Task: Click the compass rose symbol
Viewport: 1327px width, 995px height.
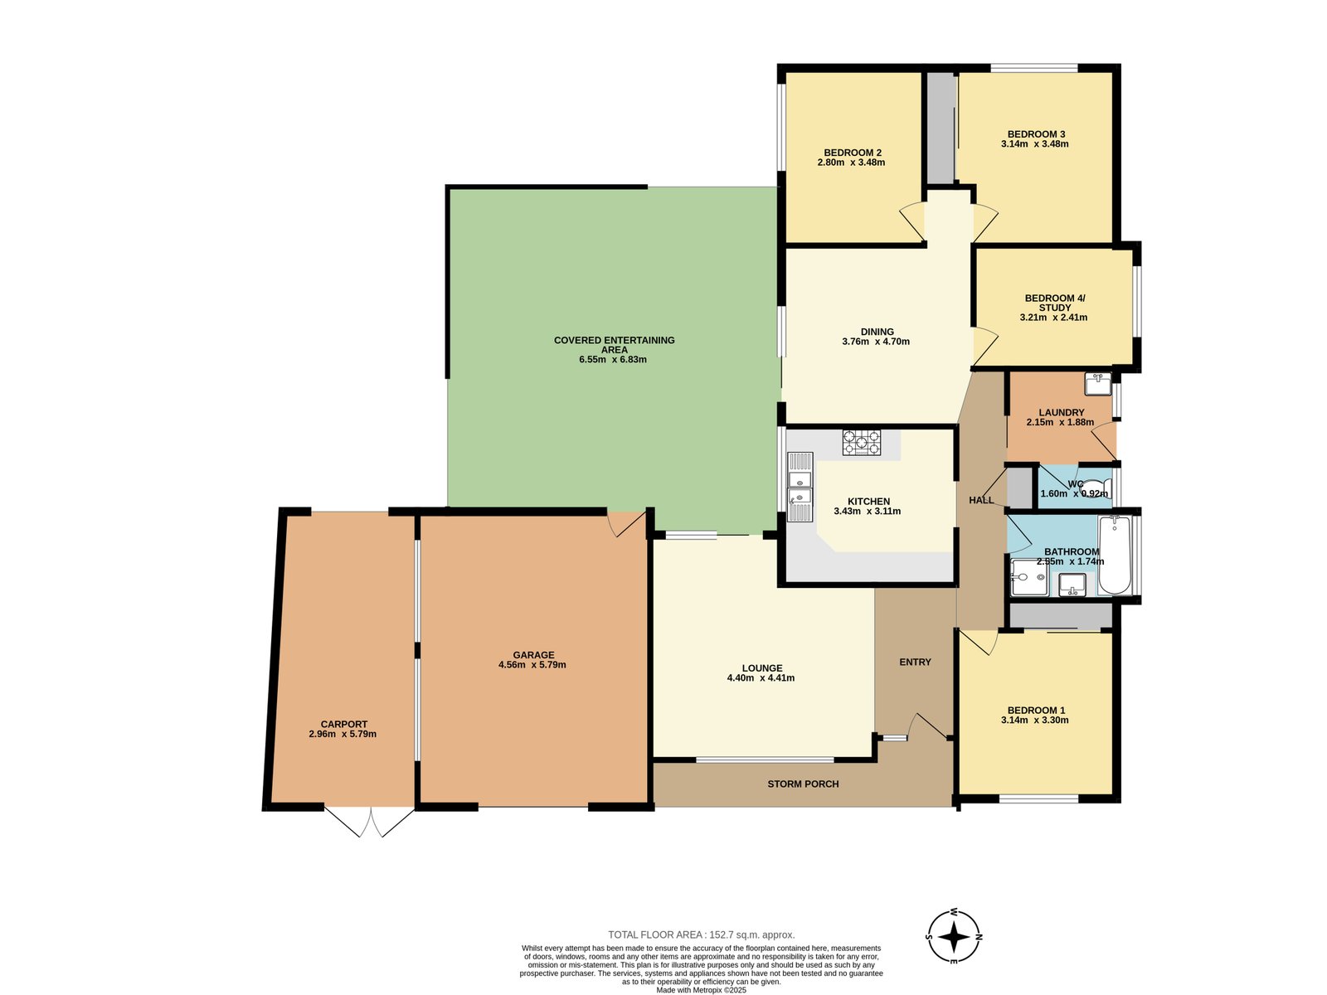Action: pos(954,936)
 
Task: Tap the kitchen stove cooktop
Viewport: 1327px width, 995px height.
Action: pos(861,443)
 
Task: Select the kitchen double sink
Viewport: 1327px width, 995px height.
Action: pos(800,488)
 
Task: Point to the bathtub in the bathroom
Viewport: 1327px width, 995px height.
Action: pos(1114,555)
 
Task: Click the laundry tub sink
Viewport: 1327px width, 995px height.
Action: pos(1097,384)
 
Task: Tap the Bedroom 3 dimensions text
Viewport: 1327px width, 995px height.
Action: pos(1034,144)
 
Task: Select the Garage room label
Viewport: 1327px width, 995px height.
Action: pos(533,655)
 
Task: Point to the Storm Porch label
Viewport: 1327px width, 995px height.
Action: pos(803,784)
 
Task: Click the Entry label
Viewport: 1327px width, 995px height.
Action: pos(915,662)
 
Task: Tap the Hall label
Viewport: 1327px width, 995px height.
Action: pos(981,500)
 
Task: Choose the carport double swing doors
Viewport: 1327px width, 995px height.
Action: pos(370,821)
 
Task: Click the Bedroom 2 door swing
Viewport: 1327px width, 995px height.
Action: pos(912,221)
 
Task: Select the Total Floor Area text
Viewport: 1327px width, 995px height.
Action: pos(701,934)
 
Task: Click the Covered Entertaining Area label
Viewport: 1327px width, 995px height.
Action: pos(614,345)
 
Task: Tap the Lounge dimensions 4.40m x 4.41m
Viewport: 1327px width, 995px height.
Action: pos(761,678)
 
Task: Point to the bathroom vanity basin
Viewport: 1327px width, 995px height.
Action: pos(1072,585)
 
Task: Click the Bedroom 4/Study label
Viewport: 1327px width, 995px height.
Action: pos(1054,303)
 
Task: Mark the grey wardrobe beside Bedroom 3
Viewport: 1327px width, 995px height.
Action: pos(940,129)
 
